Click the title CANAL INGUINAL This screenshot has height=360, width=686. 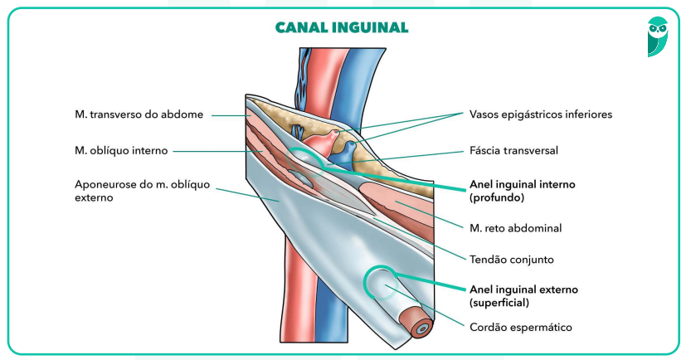tap(342, 28)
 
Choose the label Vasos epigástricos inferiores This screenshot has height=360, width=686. tap(540, 114)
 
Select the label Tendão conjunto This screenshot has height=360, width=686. tap(511, 259)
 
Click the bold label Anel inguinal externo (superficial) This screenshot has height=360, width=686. tap(523, 295)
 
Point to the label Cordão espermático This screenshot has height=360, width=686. tap(521, 327)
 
